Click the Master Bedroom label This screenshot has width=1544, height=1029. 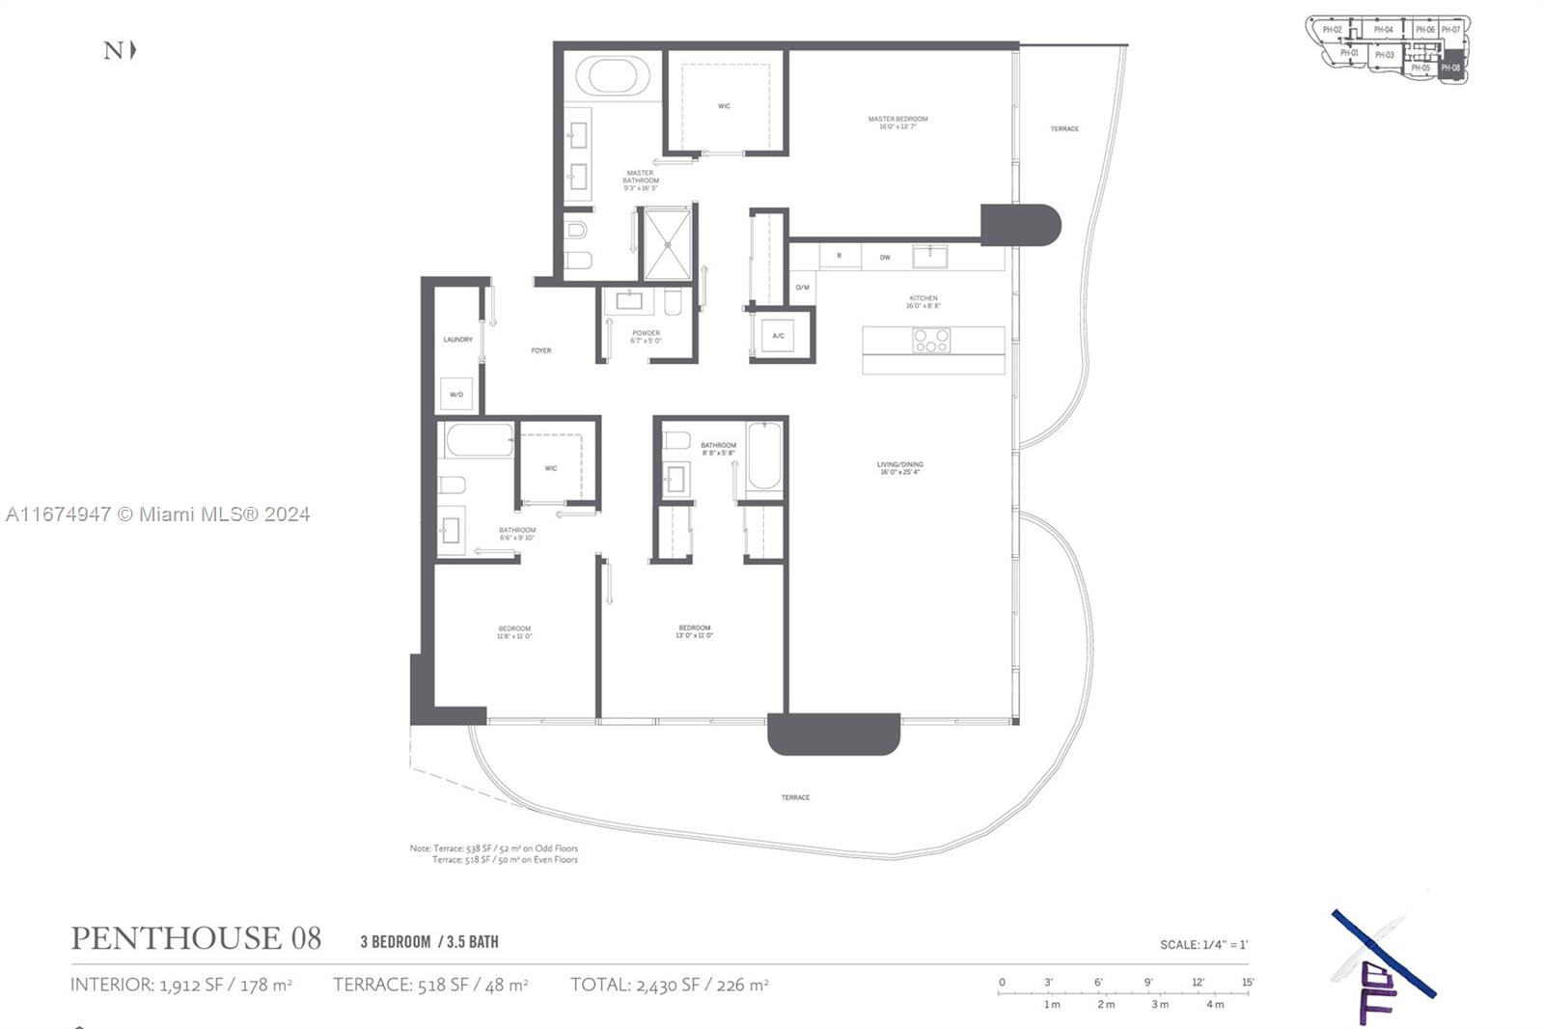click(897, 123)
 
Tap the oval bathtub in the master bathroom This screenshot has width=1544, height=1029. click(612, 76)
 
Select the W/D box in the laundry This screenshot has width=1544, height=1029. click(456, 394)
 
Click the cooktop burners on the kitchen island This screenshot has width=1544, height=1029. click(931, 341)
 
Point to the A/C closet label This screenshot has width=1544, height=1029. click(778, 336)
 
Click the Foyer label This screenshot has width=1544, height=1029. click(540, 350)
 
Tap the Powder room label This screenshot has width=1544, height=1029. click(646, 336)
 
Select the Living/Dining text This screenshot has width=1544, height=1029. click(899, 468)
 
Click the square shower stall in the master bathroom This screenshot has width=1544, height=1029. click(668, 244)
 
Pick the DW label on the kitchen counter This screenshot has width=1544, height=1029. click(885, 257)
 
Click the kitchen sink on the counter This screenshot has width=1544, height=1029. click(929, 256)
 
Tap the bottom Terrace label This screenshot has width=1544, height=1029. click(795, 797)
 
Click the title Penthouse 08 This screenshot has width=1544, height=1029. click(196, 938)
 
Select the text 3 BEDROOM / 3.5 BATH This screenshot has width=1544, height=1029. click(429, 942)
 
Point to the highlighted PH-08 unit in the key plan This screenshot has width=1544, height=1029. click(1450, 67)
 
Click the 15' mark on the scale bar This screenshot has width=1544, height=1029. click(1247, 983)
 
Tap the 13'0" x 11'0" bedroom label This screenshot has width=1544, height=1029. click(694, 631)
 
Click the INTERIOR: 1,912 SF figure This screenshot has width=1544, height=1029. click(181, 985)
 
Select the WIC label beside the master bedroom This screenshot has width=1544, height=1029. click(724, 106)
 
